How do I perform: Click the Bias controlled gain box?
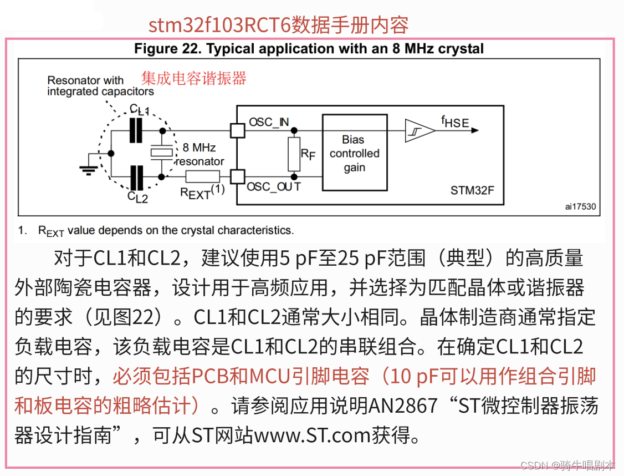(x=354, y=153)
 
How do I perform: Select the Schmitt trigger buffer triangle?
(x=419, y=131)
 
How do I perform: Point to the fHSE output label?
(x=455, y=122)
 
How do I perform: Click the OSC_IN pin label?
(x=269, y=122)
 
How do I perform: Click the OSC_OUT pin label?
(x=273, y=187)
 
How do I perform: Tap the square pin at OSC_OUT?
(x=237, y=177)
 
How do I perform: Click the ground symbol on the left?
(x=88, y=168)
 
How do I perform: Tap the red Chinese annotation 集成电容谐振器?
(x=193, y=78)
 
